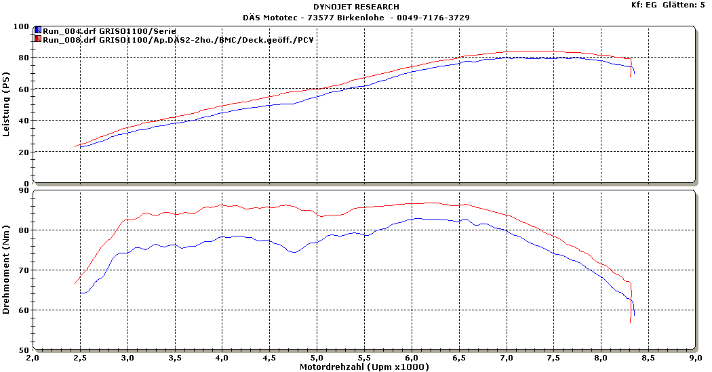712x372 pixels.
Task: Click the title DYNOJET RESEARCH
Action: tap(356, 7)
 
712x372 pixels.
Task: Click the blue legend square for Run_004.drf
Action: tap(38, 31)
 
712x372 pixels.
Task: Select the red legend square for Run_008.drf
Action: tap(38, 40)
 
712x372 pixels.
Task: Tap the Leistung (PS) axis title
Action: tap(7, 105)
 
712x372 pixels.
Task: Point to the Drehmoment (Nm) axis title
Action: tap(7, 270)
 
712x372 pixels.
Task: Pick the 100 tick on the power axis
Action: tap(22, 26)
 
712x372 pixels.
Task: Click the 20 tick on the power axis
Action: tap(24, 152)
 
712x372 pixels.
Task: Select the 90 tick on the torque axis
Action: tap(24, 190)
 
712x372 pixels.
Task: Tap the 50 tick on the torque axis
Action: tap(24, 350)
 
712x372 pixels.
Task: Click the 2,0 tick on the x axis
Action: tap(33, 357)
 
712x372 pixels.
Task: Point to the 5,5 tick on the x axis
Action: tap(364, 357)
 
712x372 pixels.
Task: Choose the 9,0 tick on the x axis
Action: tap(695, 357)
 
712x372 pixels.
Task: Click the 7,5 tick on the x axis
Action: tap(553, 357)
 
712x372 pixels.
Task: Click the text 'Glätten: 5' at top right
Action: tap(684, 5)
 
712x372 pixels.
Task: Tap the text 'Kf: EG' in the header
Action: tap(644, 5)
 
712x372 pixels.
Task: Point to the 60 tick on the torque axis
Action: tap(24, 310)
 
